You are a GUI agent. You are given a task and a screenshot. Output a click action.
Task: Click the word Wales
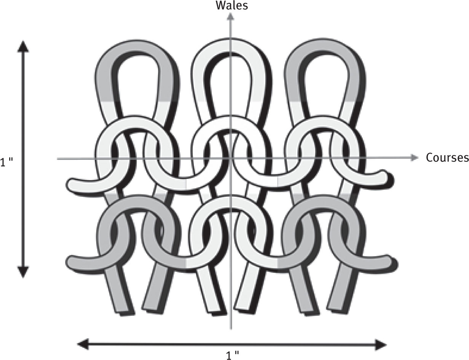tap(232, 5)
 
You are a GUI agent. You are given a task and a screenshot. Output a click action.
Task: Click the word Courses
tap(447, 158)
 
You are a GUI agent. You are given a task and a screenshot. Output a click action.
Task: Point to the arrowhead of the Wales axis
tap(230, 16)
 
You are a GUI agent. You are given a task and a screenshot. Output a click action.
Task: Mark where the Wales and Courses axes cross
tap(230, 158)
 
